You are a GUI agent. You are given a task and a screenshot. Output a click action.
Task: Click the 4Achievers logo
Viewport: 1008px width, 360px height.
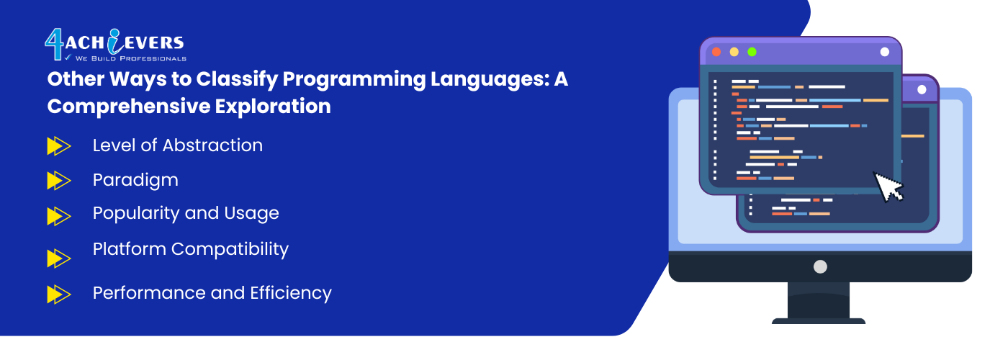[115, 45]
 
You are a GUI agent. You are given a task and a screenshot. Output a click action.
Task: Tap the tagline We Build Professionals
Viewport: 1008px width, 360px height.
[130, 58]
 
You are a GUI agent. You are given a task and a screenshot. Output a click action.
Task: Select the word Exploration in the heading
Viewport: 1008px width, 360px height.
[273, 107]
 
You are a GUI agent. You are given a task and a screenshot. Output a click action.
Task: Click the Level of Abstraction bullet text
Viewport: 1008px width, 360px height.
[178, 145]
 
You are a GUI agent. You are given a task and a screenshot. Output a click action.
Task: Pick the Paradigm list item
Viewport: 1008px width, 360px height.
[135, 181]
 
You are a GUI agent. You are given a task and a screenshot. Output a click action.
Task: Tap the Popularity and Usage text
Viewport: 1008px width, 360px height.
[186, 213]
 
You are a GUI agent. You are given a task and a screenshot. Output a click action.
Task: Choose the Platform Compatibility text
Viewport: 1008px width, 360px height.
[191, 249]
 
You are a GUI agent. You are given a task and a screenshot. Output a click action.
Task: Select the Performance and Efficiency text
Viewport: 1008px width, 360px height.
[212, 293]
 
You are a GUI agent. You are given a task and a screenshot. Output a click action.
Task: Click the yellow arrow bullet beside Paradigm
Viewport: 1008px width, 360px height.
[59, 181]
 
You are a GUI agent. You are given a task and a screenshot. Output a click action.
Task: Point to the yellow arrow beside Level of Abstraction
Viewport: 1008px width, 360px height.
[59, 146]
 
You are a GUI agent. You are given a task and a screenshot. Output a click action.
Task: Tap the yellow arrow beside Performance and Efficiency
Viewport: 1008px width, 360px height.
[59, 294]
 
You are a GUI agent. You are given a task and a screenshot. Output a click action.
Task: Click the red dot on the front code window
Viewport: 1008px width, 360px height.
[716, 52]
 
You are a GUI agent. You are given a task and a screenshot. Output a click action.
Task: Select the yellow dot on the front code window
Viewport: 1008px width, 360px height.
[734, 52]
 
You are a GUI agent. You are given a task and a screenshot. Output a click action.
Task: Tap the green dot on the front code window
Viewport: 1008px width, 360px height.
[752, 52]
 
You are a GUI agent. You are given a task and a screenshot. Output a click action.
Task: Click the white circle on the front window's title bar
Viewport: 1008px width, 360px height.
[885, 52]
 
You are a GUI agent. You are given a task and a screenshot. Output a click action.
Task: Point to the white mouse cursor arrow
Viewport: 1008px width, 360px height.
[888, 186]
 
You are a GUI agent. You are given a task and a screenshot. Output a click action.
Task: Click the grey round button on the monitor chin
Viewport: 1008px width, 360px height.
[820, 267]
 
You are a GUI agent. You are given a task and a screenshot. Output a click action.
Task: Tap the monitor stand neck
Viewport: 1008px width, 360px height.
[819, 300]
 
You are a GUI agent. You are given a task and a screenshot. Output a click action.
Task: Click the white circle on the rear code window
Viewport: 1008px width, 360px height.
[922, 89]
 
